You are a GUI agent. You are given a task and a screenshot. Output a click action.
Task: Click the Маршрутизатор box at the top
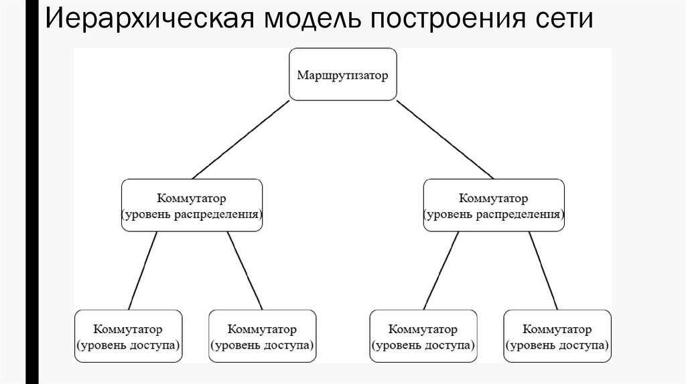(x=342, y=74)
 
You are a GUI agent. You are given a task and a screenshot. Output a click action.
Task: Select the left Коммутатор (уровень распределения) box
(x=192, y=205)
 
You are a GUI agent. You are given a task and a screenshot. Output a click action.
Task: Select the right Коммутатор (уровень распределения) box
(x=494, y=205)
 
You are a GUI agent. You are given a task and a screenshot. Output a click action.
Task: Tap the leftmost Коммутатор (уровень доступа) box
(x=128, y=336)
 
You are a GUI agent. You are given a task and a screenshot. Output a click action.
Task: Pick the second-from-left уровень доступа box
(x=262, y=336)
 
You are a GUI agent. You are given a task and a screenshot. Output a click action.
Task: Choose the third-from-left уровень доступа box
(x=423, y=336)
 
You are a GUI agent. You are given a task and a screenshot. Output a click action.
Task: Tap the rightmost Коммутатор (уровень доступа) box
(x=557, y=336)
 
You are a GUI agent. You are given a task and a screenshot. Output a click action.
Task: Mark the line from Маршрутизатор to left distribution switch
(x=241, y=139)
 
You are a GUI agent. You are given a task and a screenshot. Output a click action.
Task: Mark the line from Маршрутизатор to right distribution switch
(x=445, y=139)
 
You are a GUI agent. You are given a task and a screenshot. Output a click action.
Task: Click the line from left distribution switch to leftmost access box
(x=143, y=270)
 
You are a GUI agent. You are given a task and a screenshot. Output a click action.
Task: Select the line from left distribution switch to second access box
(x=245, y=270)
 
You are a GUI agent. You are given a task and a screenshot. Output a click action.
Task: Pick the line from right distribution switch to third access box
(x=441, y=270)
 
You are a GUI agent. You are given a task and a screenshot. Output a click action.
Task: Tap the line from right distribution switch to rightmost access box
(x=543, y=270)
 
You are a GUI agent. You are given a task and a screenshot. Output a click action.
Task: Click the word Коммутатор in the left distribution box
(x=192, y=199)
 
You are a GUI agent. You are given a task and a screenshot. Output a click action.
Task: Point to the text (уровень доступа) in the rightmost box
(x=557, y=345)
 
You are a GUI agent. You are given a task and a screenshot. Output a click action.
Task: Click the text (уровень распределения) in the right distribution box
(x=494, y=215)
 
